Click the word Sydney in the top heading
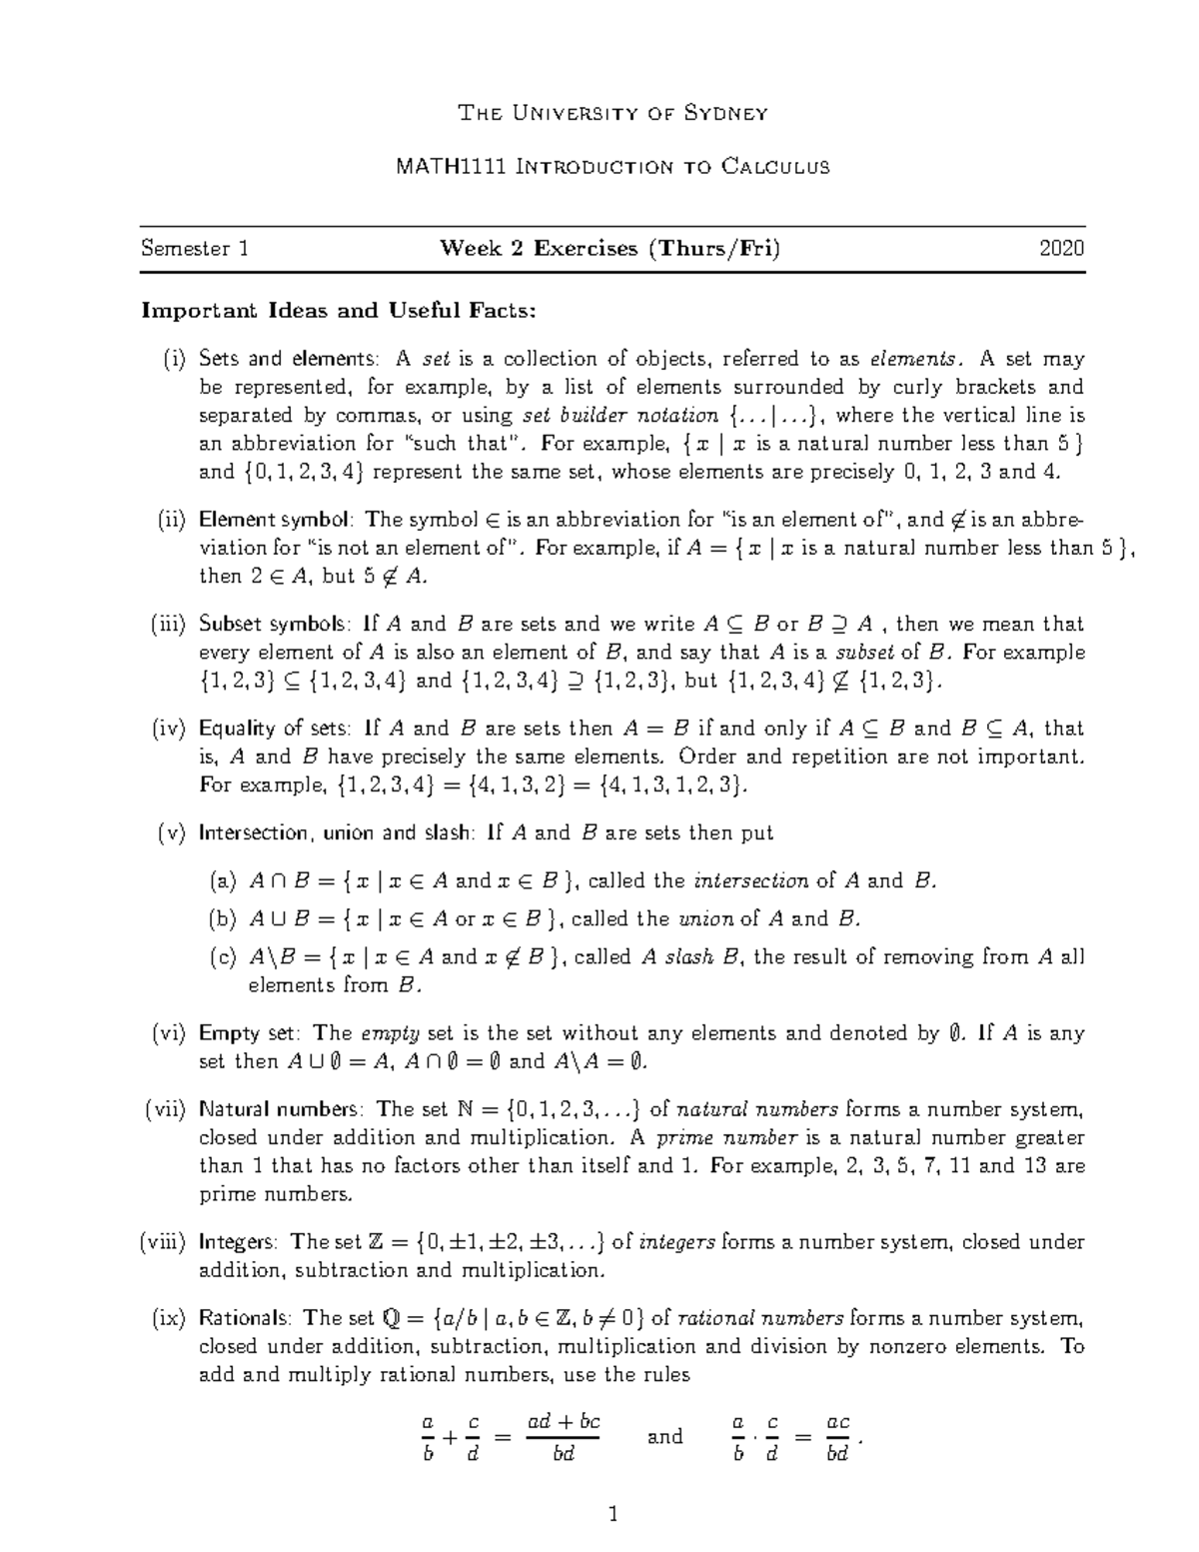click(725, 112)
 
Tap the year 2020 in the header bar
click(1061, 249)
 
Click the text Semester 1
click(195, 249)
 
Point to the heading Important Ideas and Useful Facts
click(339, 311)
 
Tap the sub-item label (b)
click(223, 918)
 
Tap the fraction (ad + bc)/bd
click(564, 1437)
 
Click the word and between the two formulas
click(664, 1437)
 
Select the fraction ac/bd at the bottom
click(837, 1437)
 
